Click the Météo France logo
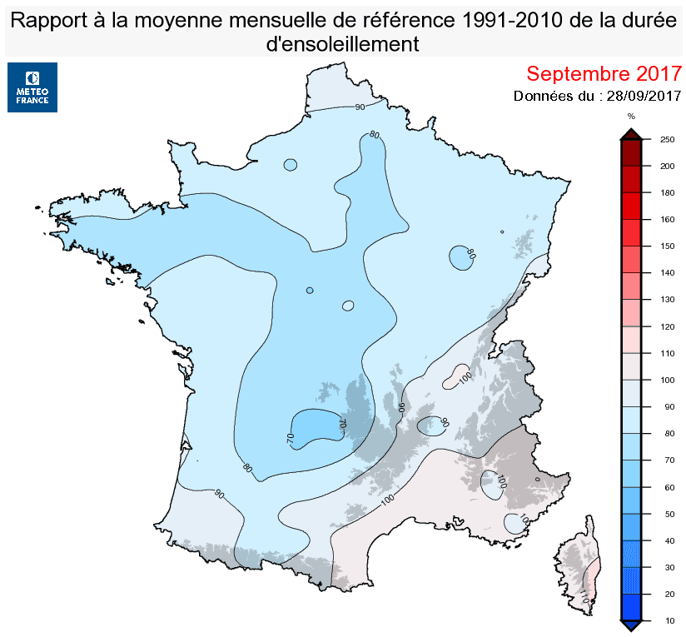(x=32, y=87)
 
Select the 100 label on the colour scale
(x=666, y=380)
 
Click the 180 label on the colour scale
(x=666, y=192)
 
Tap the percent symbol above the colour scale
(x=631, y=117)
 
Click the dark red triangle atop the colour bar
(x=631, y=134)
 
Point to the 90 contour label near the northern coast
(x=360, y=107)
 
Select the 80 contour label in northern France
(x=374, y=135)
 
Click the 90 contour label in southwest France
(x=220, y=494)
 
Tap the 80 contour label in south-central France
(x=247, y=467)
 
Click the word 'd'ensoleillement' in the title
(x=342, y=44)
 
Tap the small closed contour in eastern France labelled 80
(x=460, y=257)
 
